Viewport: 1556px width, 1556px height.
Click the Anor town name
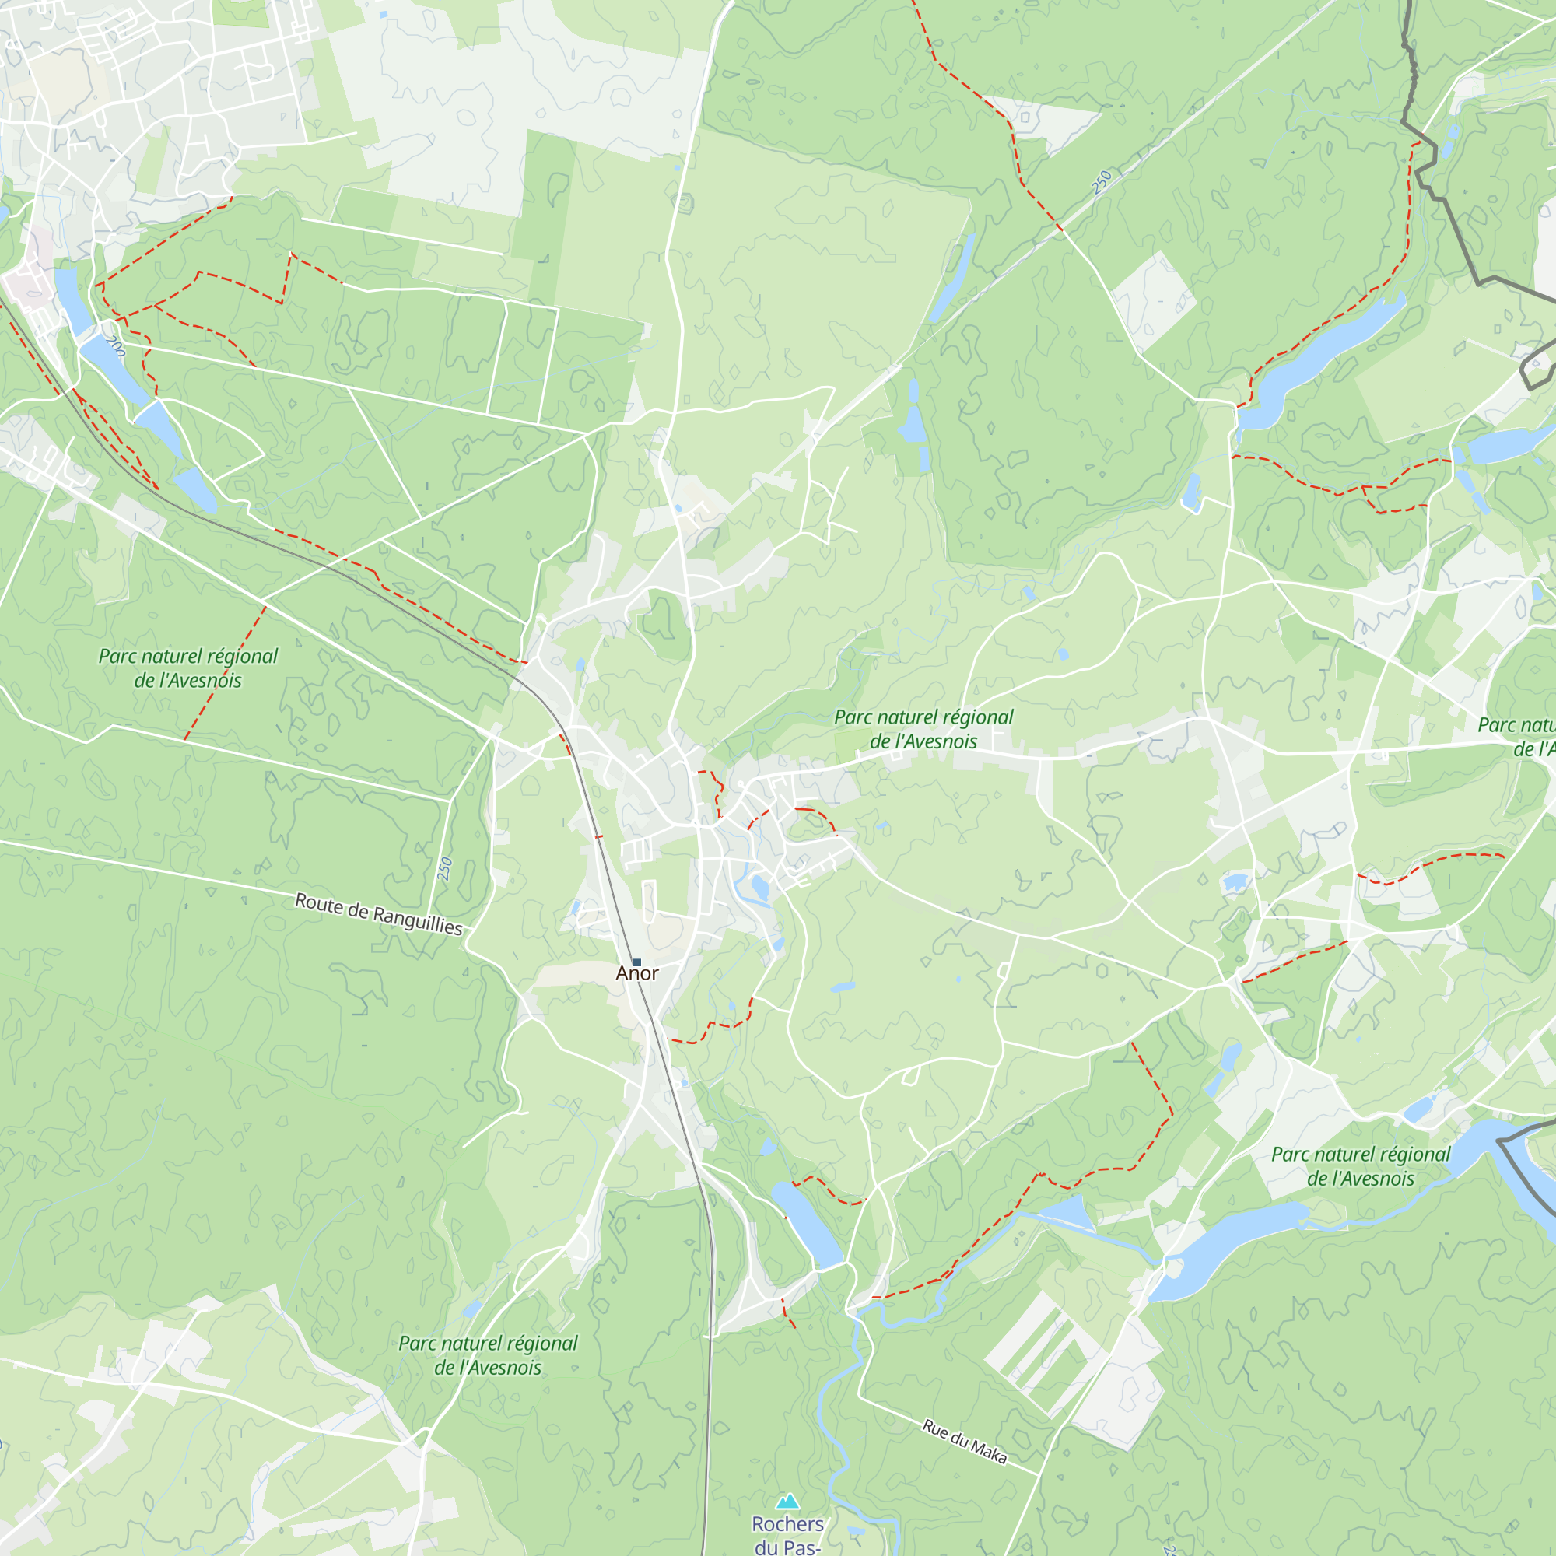(x=637, y=974)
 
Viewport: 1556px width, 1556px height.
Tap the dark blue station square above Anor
(x=637, y=962)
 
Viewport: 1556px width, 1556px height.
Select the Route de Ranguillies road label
(x=379, y=914)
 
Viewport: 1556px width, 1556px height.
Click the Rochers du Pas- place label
(x=787, y=1535)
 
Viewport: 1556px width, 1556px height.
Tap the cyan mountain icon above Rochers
(x=787, y=1502)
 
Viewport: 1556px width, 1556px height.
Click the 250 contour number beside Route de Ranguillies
(x=445, y=869)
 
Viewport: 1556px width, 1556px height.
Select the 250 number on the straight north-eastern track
(x=1102, y=181)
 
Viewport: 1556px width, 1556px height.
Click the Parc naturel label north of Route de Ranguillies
(x=187, y=668)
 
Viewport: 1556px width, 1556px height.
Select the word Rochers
(x=787, y=1525)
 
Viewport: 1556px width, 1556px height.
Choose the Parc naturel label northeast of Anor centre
(x=923, y=729)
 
